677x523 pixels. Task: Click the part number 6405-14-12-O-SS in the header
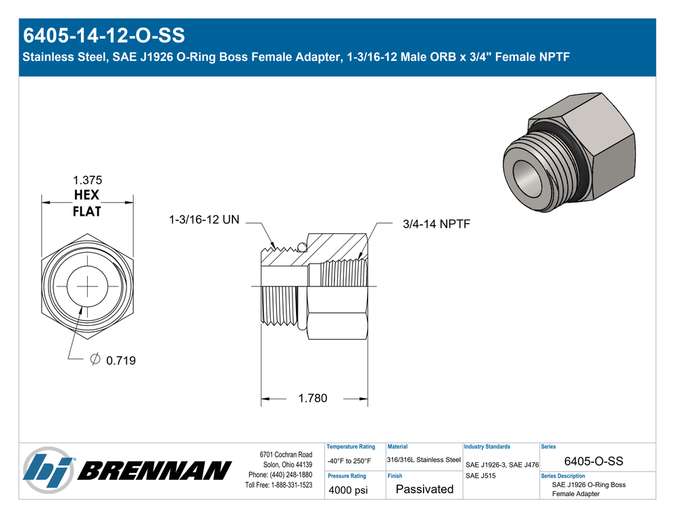103,35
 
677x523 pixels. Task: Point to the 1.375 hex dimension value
87,180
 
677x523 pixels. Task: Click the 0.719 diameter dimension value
121,360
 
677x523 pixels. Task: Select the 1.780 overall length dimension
313,398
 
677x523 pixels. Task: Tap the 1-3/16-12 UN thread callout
204,220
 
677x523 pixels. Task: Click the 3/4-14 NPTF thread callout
436,224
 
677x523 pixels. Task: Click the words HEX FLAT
86,203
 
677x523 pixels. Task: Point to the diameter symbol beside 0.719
95,359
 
